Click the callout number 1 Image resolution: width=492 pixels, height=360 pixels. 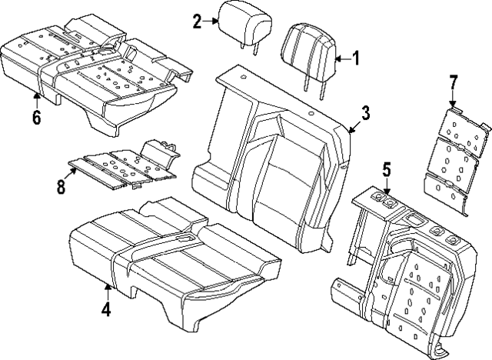coord(355,57)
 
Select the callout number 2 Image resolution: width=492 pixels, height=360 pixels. coord(197,21)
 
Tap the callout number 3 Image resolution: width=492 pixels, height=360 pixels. coord(365,113)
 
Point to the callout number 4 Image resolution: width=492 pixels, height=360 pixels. coord(106,309)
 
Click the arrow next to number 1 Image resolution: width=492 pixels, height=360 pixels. coord(341,57)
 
